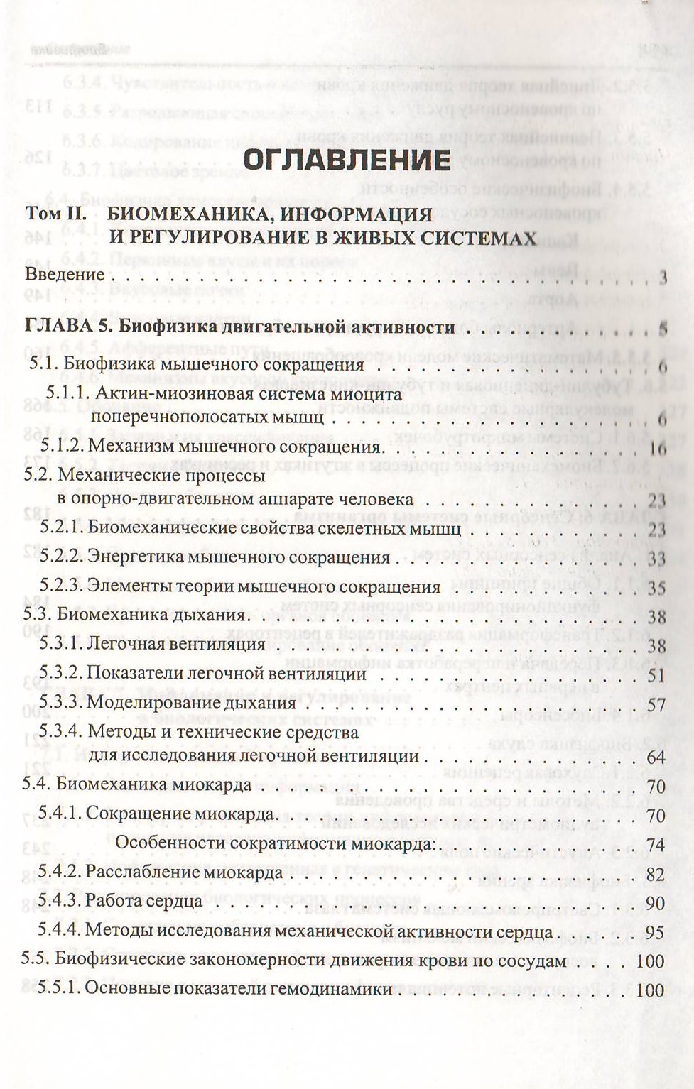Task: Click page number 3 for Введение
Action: pyautogui.click(x=662, y=278)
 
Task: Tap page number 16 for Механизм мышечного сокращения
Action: pyautogui.click(x=657, y=449)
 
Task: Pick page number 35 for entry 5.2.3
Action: pyautogui.click(x=656, y=589)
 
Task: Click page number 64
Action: pyautogui.click(x=656, y=757)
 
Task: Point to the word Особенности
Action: pyautogui.click(x=167, y=843)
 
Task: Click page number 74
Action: pyautogui.click(x=656, y=844)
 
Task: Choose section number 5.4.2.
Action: pyautogui.click(x=61, y=873)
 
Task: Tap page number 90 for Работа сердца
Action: pyautogui.click(x=656, y=903)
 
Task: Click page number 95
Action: pyautogui.click(x=656, y=932)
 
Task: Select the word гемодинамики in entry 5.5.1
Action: pyautogui.click(x=336, y=990)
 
